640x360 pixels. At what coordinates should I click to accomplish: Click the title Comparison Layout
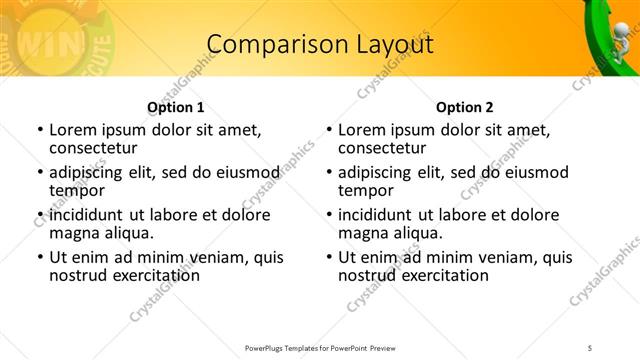(x=320, y=45)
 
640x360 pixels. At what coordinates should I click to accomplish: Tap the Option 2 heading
(x=464, y=107)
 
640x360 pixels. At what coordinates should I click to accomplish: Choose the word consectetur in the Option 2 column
(x=382, y=148)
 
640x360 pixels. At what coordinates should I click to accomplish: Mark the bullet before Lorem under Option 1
(x=39, y=130)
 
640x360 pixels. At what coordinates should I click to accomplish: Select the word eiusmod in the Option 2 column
(x=536, y=172)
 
